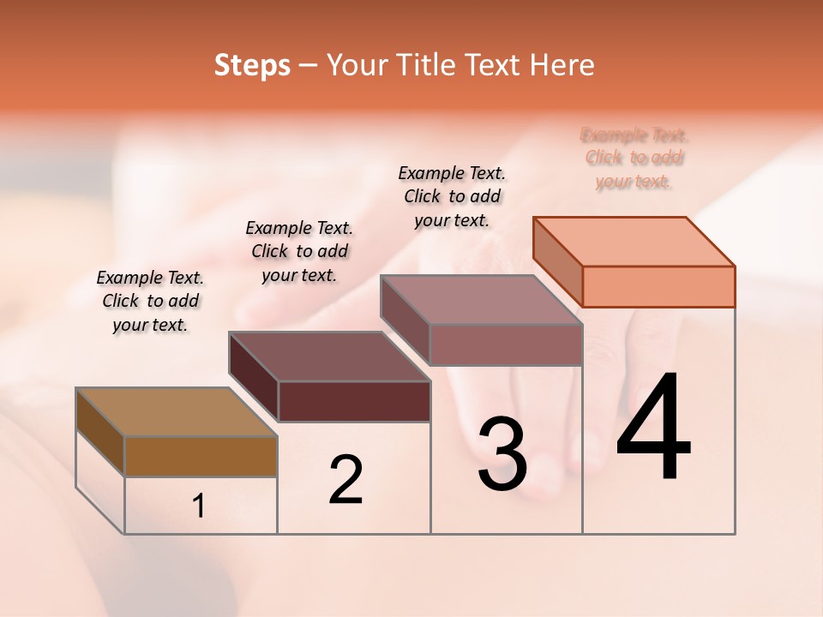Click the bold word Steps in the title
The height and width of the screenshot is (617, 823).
pos(252,65)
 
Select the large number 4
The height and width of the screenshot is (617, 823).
pos(653,428)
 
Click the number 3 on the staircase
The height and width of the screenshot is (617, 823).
pos(502,454)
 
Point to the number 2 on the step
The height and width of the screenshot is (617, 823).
pos(345,480)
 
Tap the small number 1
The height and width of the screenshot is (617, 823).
pos(199,506)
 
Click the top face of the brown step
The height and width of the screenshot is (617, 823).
pos(177,412)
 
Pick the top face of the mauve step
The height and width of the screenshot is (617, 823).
pos(482,300)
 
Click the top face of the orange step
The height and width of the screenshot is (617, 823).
pos(634,242)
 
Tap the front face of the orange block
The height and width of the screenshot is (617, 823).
pos(658,286)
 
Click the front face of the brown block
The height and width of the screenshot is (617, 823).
pos(201,456)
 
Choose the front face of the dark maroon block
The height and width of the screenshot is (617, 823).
pos(354,401)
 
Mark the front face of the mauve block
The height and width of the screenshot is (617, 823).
pos(506,344)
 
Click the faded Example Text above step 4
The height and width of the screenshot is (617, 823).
pos(634,159)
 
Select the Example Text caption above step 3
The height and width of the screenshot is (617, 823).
pos(452,196)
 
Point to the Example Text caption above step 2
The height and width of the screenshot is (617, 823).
pos(299,251)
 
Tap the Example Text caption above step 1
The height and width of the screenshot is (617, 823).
pos(150,301)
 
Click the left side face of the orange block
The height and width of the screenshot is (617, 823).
pos(557,261)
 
